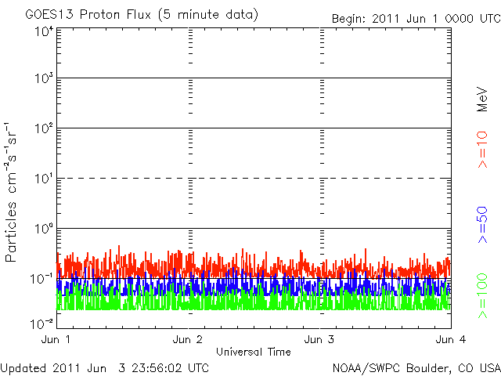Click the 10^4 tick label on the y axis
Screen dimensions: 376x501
click(x=43, y=32)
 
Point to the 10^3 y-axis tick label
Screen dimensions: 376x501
click(x=43, y=79)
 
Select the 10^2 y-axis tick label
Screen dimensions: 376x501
click(x=43, y=128)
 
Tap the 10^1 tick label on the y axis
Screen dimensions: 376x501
click(x=43, y=179)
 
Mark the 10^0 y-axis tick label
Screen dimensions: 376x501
click(x=43, y=229)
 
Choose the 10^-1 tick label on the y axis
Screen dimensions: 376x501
click(x=41, y=278)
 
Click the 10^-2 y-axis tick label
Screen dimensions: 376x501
click(x=41, y=321)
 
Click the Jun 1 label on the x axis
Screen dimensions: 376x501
click(x=56, y=340)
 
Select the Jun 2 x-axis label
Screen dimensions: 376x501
click(x=189, y=340)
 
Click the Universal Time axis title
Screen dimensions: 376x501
click(x=253, y=352)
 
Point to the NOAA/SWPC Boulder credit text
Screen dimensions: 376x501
click(x=415, y=367)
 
